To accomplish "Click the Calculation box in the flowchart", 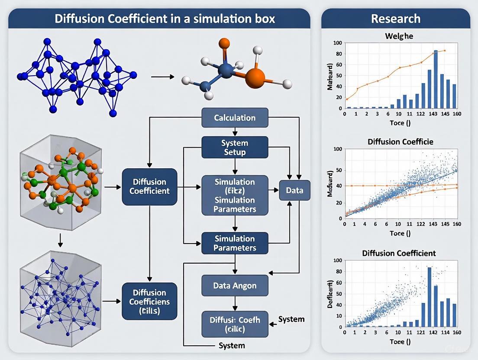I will click(x=235, y=118).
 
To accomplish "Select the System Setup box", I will click(x=235, y=147).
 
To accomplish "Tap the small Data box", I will click(x=294, y=190).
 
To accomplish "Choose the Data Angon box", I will click(x=235, y=286).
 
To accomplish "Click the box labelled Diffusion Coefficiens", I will click(x=149, y=302).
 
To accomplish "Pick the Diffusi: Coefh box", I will click(x=235, y=324).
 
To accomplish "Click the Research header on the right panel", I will click(x=395, y=19).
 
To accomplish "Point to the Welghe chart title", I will click(x=399, y=36).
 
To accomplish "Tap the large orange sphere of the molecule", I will click(x=255, y=78).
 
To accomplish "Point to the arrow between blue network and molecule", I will click(x=162, y=77).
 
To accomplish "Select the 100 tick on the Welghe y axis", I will click(x=337, y=43).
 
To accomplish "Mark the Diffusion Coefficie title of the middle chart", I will click(x=400, y=142).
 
